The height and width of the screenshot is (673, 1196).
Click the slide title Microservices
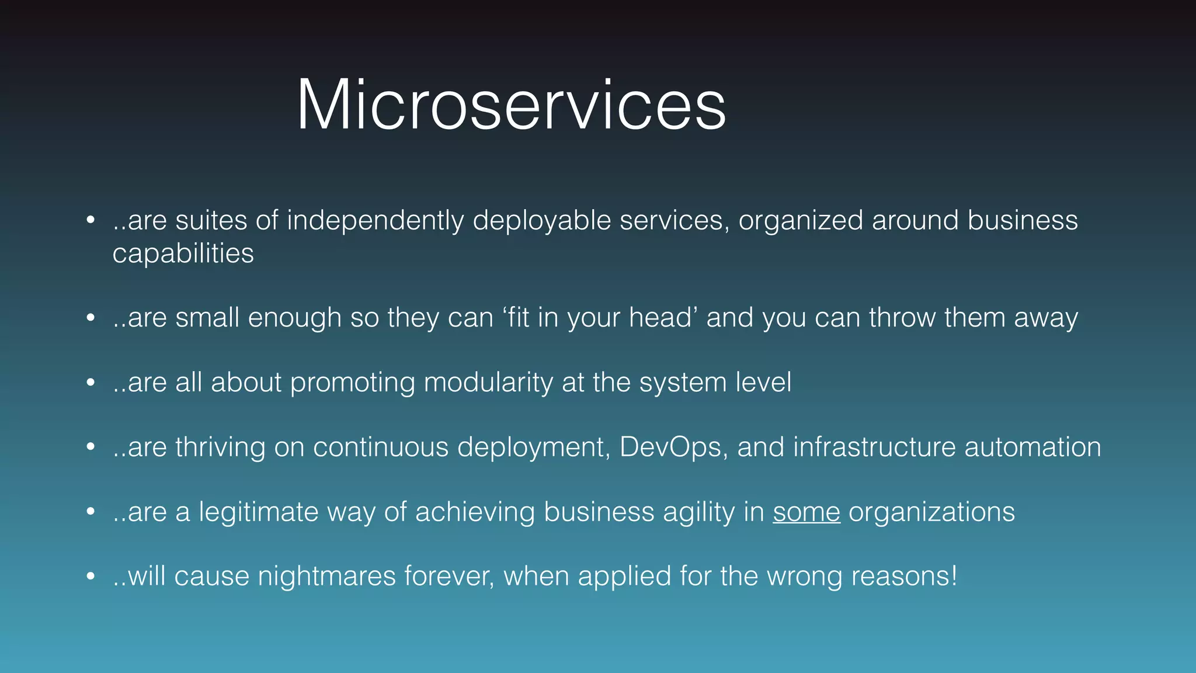511,106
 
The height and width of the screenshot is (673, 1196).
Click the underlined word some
806,512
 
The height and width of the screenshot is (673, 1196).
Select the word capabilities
183,254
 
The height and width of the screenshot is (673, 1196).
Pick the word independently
376,221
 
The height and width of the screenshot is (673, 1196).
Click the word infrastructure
874,447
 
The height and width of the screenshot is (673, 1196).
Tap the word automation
1032,447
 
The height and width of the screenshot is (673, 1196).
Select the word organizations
931,512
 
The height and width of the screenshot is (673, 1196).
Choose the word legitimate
258,512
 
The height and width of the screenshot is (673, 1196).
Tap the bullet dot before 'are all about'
91,383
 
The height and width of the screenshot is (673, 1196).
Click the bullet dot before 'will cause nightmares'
91,577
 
